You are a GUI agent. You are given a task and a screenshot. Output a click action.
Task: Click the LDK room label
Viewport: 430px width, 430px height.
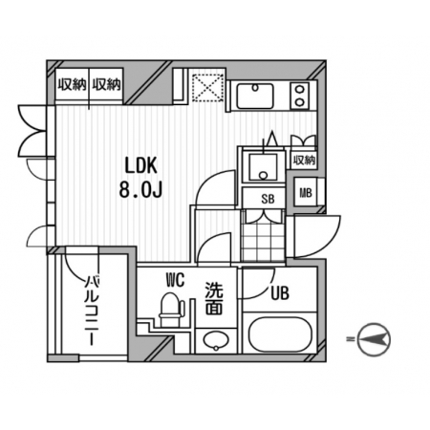[x=140, y=166]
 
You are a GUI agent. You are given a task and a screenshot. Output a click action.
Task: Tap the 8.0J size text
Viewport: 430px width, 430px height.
[x=140, y=190]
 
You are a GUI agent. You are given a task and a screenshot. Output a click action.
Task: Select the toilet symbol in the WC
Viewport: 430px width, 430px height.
[x=171, y=310]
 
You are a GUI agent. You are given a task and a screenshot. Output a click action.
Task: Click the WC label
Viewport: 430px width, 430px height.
[x=175, y=281]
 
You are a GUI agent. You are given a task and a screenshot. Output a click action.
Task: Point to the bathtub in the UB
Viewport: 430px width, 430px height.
[x=279, y=334]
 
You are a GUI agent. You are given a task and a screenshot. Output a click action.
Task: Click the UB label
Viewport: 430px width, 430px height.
[x=280, y=293]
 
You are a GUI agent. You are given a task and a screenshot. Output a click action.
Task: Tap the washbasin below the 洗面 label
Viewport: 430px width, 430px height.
[x=216, y=340]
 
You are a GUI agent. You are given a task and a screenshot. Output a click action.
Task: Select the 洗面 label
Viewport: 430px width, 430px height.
[x=214, y=298]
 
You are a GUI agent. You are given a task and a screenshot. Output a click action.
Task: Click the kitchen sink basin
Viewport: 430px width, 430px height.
[x=255, y=96]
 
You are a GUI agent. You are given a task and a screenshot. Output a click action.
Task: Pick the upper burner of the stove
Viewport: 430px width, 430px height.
[x=299, y=89]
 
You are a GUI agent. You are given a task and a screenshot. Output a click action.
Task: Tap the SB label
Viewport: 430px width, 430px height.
[x=268, y=199]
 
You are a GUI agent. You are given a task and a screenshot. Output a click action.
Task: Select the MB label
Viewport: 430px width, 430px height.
[x=306, y=193]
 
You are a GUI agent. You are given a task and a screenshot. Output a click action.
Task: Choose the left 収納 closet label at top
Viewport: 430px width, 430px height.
[x=72, y=85]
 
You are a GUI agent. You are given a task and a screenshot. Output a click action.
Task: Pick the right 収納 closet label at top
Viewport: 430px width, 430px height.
[x=106, y=85]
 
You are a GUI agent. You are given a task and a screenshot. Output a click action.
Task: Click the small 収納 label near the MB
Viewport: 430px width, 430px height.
[x=304, y=161]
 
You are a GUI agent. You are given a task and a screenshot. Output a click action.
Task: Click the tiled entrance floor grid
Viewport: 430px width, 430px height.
[x=263, y=235]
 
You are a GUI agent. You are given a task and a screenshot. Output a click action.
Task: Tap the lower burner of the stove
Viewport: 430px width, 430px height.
[x=299, y=102]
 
